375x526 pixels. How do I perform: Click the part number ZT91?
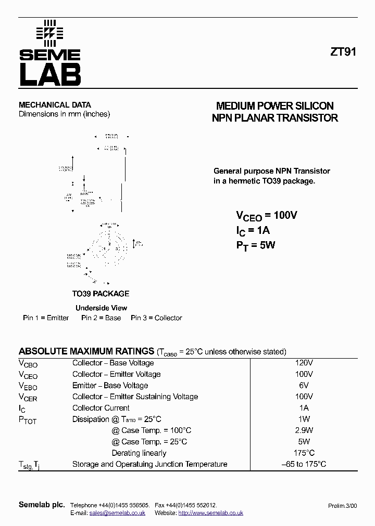click(343, 52)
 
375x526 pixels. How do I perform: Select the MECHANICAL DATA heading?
click(55, 104)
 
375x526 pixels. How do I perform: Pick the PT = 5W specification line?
click(255, 245)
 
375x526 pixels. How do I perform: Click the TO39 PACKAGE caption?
click(101, 294)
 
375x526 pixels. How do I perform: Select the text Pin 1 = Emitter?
click(46, 318)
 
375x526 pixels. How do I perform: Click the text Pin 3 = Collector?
click(156, 318)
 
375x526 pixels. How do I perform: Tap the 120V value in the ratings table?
click(304, 363)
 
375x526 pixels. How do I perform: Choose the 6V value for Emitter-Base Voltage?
click(304, 385)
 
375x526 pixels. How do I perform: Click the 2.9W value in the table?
click(304, 430)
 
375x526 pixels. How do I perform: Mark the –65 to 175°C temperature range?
click(304, 464)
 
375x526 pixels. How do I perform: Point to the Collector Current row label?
click(101, 408)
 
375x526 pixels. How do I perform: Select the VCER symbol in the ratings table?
click(28, 397)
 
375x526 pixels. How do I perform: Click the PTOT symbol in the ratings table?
click(28, 420)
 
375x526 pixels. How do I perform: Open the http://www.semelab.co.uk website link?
click(210, 512)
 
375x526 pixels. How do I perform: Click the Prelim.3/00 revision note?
click(343, 505)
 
